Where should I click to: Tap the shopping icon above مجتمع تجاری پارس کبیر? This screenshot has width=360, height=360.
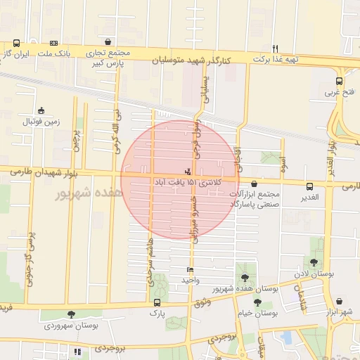(x=107, y=42)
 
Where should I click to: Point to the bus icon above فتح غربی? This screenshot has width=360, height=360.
(x=340, y=81)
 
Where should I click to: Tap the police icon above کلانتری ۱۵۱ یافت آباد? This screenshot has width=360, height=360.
(x=187, y=171)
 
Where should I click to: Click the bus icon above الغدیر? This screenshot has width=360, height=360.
(x=309, y=186)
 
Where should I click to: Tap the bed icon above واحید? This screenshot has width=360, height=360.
(x=189, y=270)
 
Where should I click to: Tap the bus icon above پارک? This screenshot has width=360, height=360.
(x=156, y=303)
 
